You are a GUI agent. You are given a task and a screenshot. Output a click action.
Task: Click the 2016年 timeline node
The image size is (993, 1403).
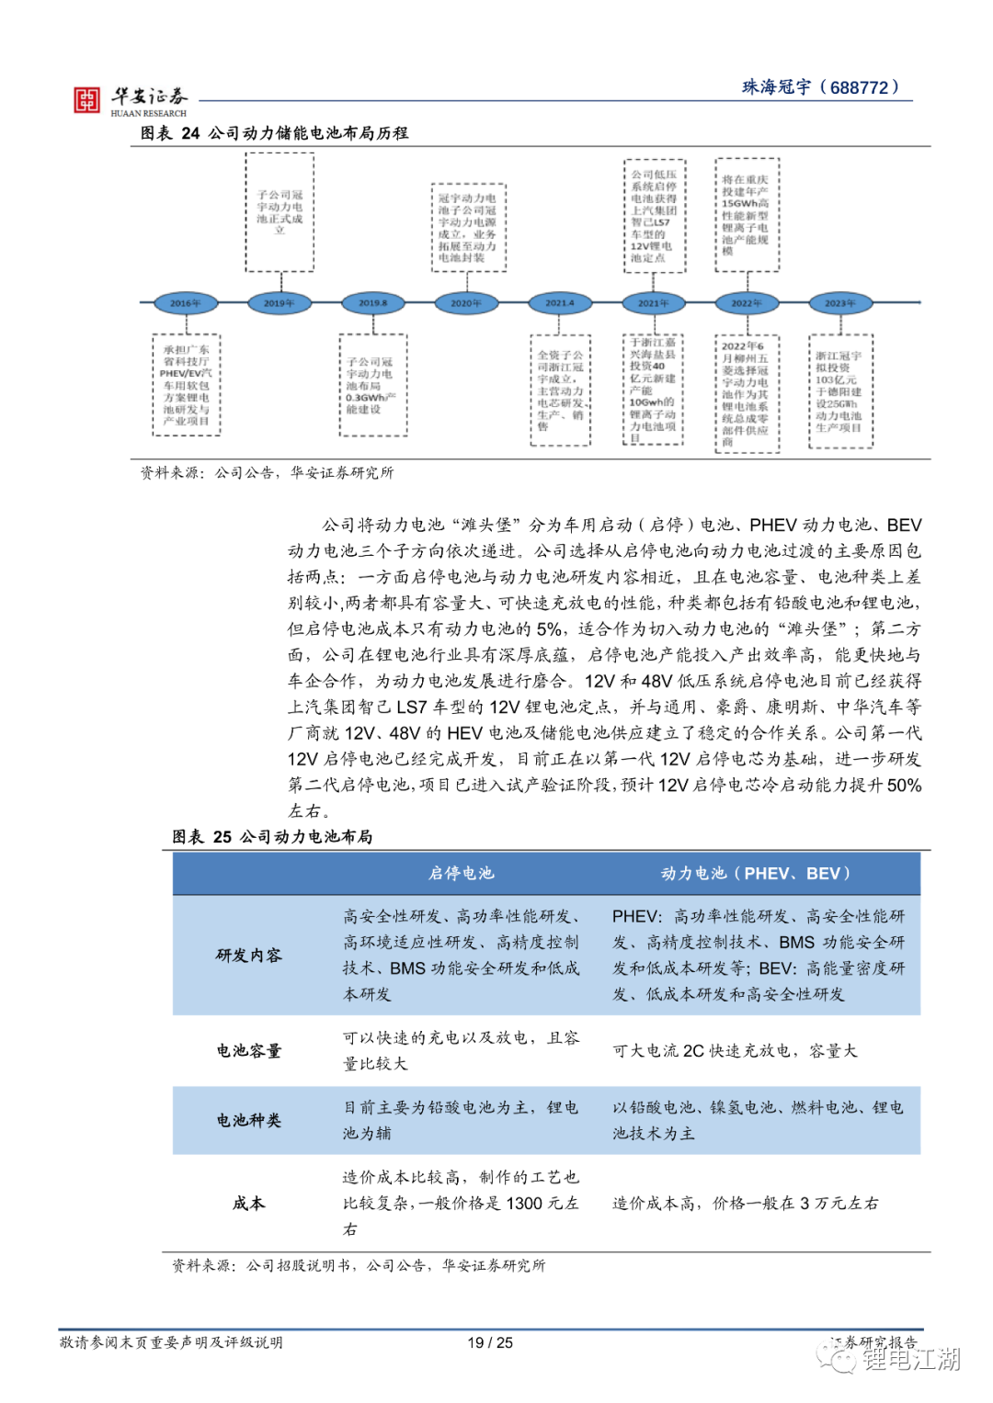coord(186,303)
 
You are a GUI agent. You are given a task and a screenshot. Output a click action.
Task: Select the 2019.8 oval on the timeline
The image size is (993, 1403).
coord(372,303)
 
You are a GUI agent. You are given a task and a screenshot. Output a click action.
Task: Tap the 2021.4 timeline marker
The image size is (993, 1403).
coord(559,303)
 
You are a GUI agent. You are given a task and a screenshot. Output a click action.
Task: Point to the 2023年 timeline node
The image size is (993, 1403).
coord(839,303)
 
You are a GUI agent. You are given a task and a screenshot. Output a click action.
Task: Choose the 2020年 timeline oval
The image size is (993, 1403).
coord(466,303)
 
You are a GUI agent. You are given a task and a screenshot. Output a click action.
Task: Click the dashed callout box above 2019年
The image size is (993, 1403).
coord(280,212)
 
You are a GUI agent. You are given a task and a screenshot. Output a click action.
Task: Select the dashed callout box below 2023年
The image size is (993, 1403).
coord(840,391)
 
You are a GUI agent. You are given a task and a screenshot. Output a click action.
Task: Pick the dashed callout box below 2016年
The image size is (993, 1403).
coord(187,385)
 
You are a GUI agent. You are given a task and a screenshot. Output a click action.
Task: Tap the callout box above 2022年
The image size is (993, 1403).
coord(747,215)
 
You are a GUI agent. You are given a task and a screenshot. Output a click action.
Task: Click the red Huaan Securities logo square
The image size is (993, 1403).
coord(86,100)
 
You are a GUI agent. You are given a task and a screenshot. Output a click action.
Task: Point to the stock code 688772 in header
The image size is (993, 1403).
coord(860,88)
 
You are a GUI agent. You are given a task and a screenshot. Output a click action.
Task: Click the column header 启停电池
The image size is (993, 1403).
coord(462,873)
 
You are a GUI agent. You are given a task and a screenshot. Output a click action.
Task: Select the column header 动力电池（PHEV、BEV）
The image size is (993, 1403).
coord(757,873)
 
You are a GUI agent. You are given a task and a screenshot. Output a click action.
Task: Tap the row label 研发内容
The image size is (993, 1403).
coord(249,956)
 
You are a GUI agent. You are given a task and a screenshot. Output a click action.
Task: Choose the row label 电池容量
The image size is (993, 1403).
coord(249,1050)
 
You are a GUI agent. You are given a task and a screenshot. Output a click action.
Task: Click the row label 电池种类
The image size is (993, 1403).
coord(249,1120)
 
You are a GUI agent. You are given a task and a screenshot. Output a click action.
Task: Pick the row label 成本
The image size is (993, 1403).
coord(249,1203)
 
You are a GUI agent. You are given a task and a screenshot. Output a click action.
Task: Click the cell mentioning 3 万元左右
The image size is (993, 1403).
coord(746,1203)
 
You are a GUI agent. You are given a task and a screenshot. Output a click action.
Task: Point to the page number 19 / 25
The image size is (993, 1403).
coord(490,1342)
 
